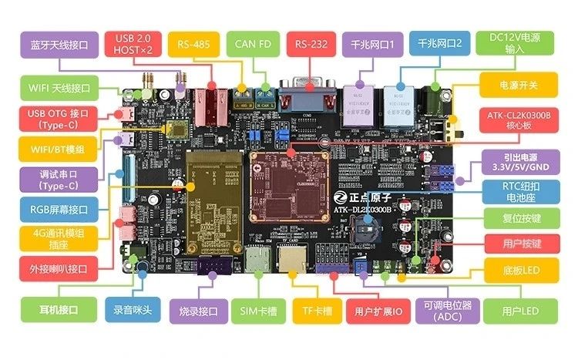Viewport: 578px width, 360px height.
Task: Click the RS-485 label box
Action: point(193,45)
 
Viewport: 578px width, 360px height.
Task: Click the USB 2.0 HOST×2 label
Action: point(135,45)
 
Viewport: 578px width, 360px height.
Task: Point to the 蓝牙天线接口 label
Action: point(53,45)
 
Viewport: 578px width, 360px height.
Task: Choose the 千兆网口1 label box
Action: point(372,45)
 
